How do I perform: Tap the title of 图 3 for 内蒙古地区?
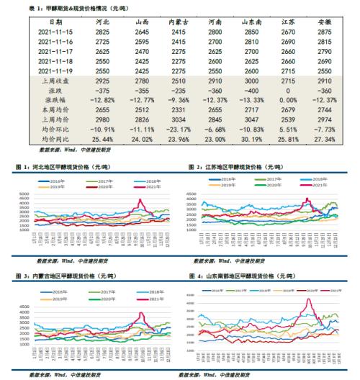(71, 276)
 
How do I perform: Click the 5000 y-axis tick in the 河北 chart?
(24, 194)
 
